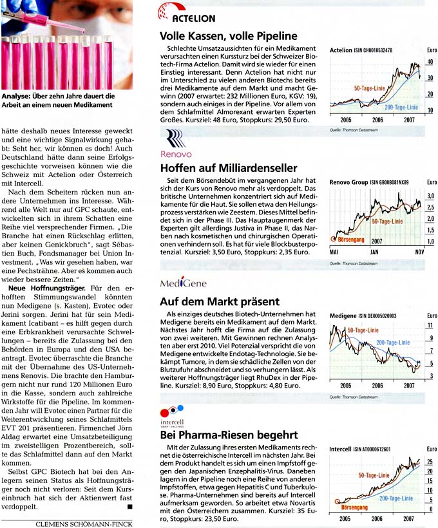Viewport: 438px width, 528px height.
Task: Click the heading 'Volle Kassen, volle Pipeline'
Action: click(x=228, y=37)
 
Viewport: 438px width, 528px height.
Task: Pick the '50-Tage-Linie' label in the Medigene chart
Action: click(x=363, y=330)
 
